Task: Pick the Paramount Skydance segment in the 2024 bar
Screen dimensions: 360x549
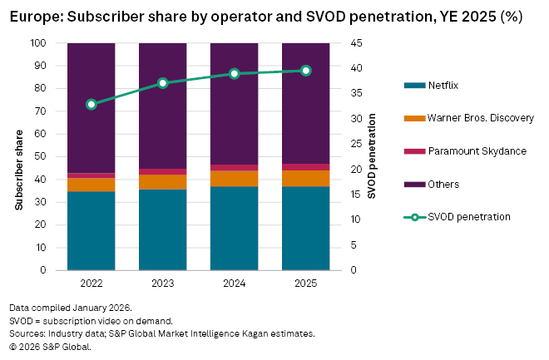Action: coord(235,168)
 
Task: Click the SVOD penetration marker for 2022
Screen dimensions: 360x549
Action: coord(91,104)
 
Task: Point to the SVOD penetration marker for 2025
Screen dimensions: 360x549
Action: coord(306,71)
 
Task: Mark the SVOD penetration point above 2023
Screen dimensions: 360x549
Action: coord(163,83)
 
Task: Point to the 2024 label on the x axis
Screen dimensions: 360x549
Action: coord(235,283)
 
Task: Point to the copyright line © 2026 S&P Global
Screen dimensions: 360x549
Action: coord(50,347)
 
